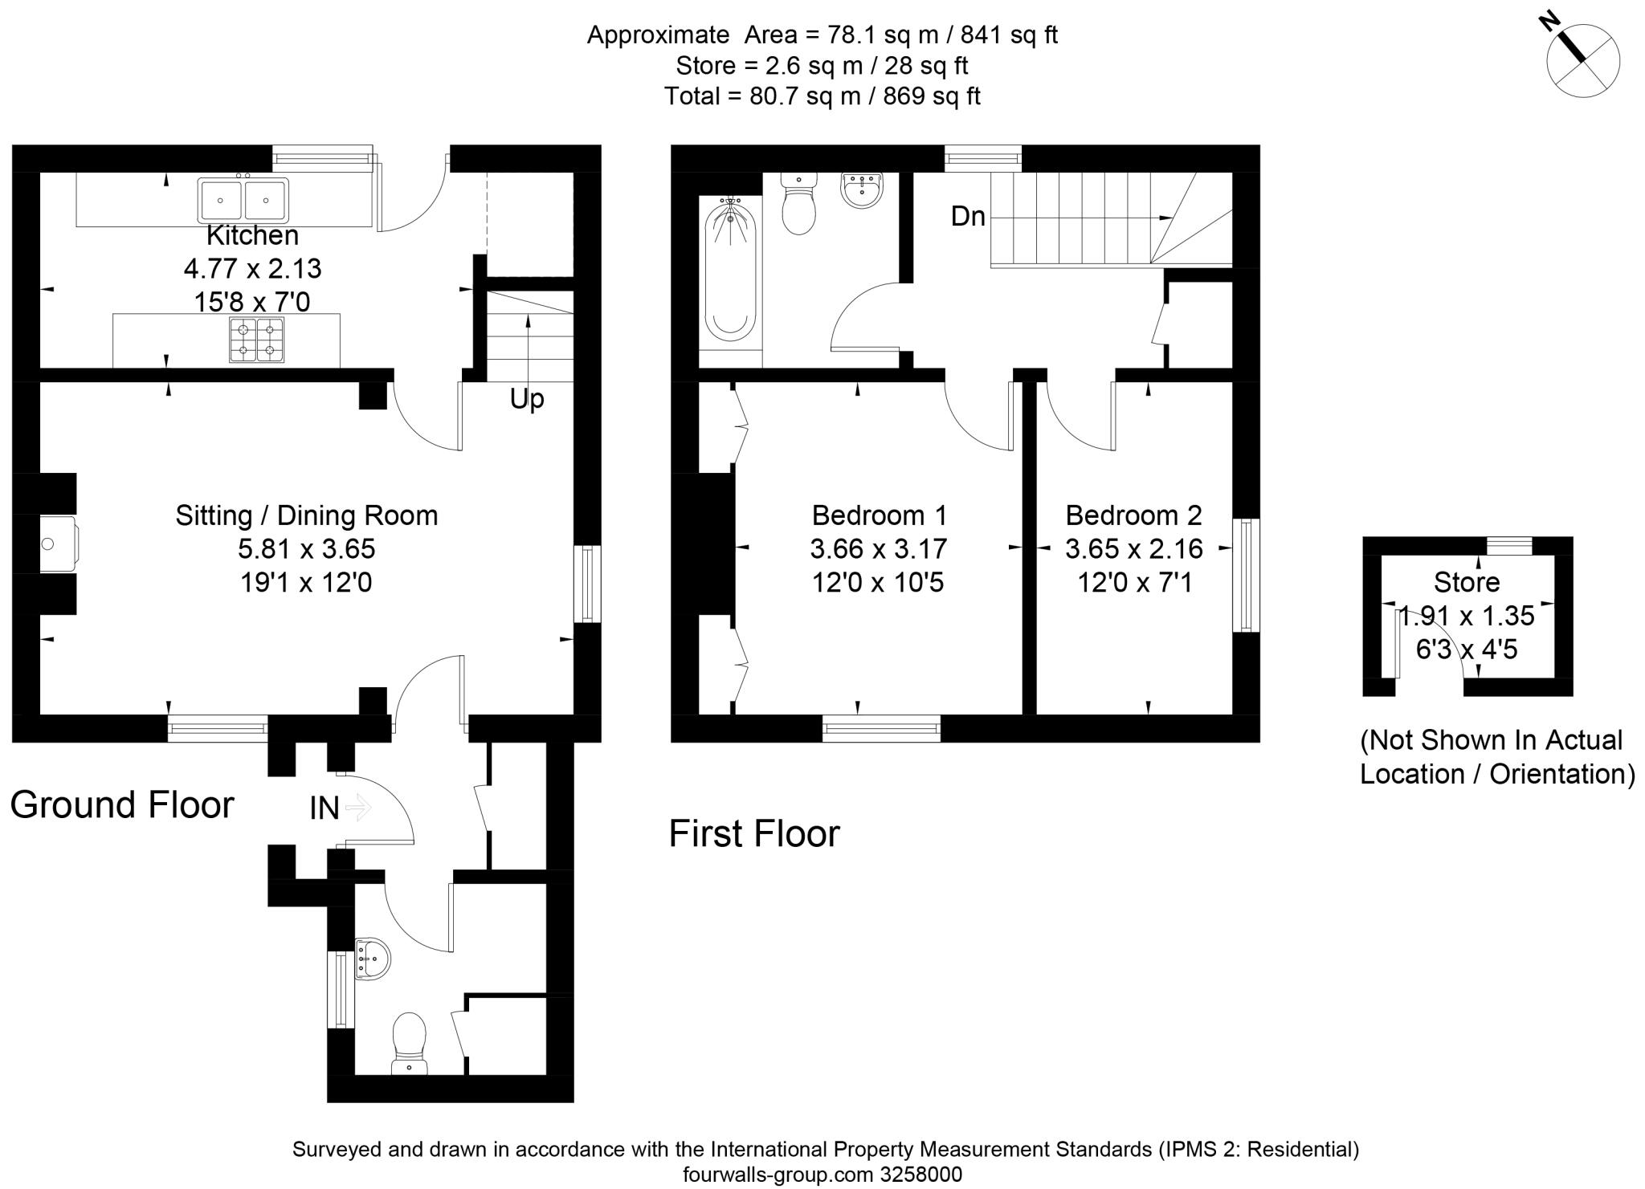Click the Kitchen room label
click(x=252, y=235)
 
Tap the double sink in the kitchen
click(x=243, y=201)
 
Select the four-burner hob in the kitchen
click(x=257, y=340)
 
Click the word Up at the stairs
click(x=527, y=398)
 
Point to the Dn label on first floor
click(x=968, y=216)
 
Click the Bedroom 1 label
click(x=879, y=515)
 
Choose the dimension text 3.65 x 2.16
click(x=1133, y=549)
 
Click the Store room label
click(x=1467, y=582)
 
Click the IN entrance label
click(x=325, y=808)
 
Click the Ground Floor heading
click(x=122, y=804)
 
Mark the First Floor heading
click(x=754, y=833)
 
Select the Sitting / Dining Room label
click(x=307, y=515)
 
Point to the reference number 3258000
click(x=921, y=1175)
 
